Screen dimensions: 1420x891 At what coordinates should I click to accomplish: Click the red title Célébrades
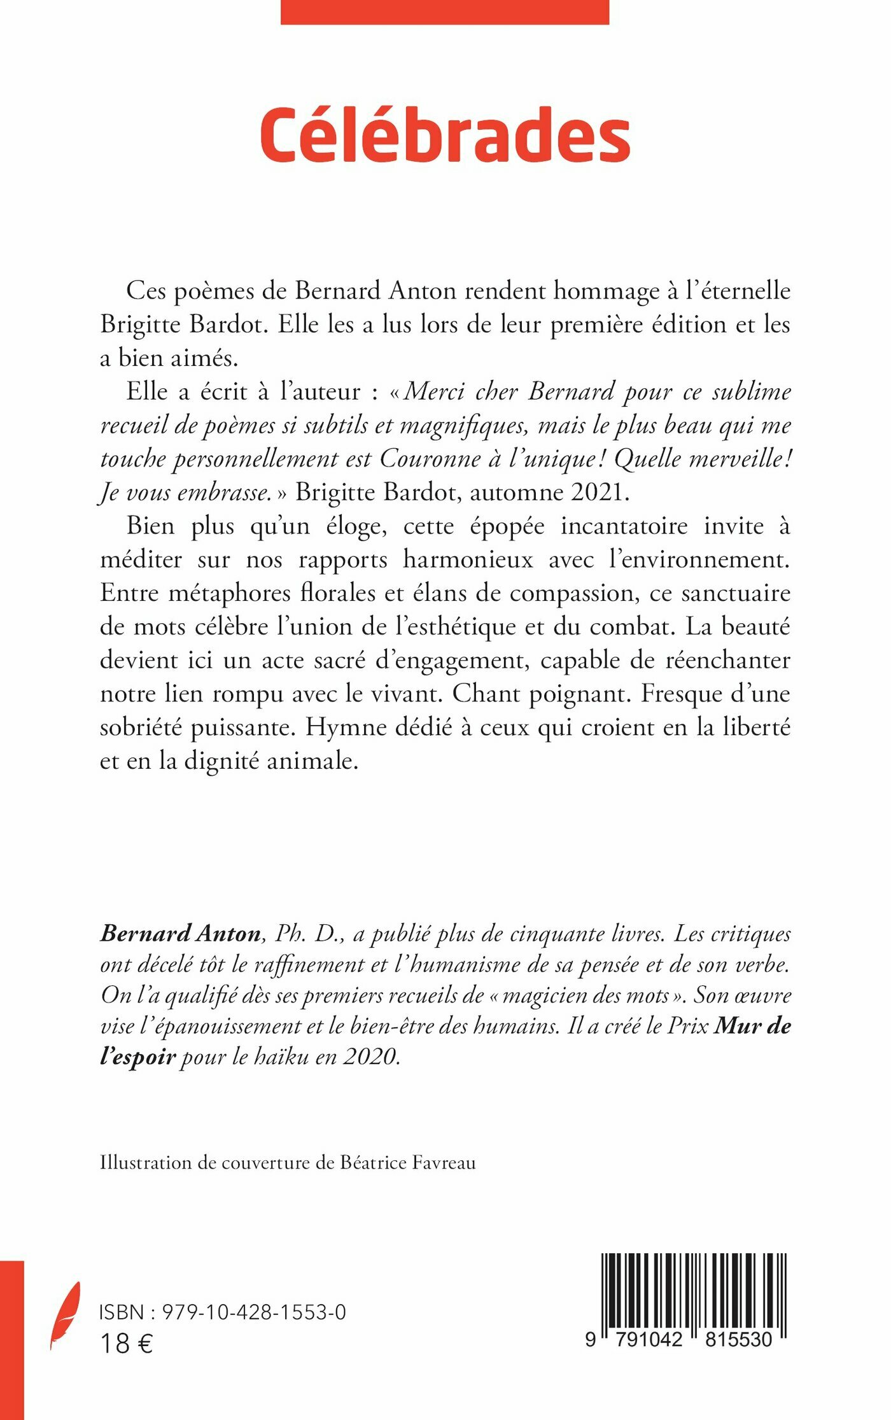tap(445, 134)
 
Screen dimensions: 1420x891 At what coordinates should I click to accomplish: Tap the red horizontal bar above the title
tap(445, 11)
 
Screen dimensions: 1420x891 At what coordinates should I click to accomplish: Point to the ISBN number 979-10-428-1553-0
tap(254, 1312)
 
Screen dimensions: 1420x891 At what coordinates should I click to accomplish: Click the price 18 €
tap(126, 1344)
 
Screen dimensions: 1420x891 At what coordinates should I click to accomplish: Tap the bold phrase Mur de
tap(752, 1025)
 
